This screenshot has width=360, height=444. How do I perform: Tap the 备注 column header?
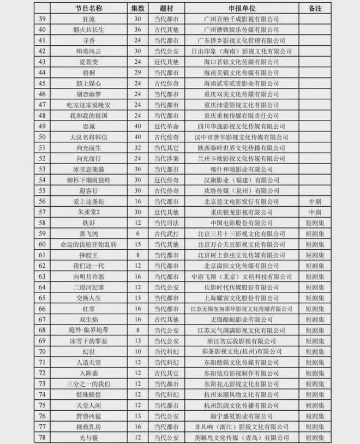coord(314,9)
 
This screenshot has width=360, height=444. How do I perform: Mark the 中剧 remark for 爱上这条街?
coord(314,202)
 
